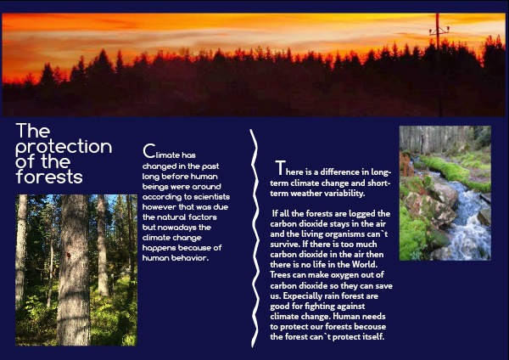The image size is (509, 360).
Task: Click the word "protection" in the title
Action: click(64, 147)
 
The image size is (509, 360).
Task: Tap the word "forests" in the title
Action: click(49, 177)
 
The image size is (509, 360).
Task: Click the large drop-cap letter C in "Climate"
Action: click(148, 151)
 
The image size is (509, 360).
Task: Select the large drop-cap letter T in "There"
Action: click(281, 167)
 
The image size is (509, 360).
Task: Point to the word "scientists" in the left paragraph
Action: click(211, 197)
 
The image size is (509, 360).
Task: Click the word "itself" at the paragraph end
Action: click(374, 336)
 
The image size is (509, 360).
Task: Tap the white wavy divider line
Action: click(255, 238)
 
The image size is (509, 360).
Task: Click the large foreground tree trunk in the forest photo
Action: click(74, 270)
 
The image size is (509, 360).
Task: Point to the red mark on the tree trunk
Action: click(69, 256)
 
